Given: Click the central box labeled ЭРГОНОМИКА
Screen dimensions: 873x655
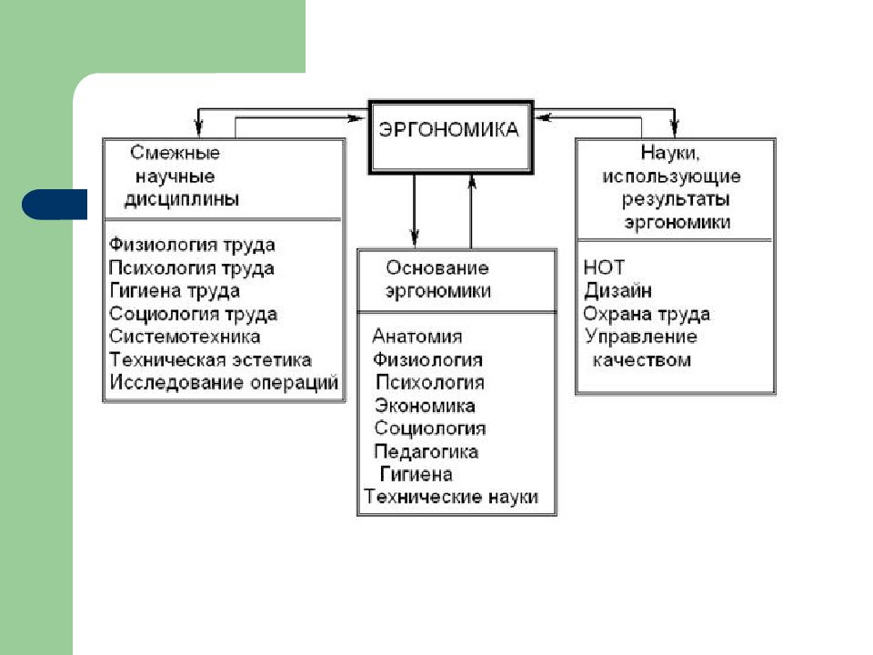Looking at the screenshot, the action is [450, 137].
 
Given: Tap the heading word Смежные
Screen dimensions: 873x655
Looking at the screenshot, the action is [175, 153].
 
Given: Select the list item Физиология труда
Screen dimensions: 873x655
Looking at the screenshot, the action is [192, 245].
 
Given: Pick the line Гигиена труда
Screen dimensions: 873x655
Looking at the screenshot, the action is [175, 291].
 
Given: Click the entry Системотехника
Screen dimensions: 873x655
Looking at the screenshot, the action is [185, 337].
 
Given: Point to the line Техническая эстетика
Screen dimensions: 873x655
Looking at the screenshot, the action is [210, 360].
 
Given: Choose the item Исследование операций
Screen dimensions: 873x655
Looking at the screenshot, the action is [224, 383].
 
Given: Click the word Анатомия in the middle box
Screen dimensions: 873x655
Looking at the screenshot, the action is [417, 337].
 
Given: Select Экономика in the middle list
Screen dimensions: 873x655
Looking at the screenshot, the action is [425, 406].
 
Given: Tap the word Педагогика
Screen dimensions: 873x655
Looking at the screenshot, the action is [426, 451].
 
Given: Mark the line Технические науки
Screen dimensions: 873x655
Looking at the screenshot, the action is [451, 497].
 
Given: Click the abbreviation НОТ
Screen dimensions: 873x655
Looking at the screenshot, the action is [604, 267].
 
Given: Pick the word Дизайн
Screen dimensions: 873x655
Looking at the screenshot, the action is [618, 291].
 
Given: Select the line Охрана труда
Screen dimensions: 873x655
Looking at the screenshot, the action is [647, 314].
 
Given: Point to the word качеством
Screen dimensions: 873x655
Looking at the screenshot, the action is [641, 360].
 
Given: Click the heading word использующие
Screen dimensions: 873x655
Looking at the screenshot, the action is [671, 176].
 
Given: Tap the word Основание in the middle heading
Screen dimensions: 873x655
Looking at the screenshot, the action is [437, 267].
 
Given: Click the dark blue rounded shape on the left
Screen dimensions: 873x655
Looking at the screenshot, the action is [55, 205].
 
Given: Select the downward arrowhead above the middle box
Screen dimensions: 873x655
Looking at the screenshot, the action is [415, 237].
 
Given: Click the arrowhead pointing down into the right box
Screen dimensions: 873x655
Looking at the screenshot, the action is [675, 128].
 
